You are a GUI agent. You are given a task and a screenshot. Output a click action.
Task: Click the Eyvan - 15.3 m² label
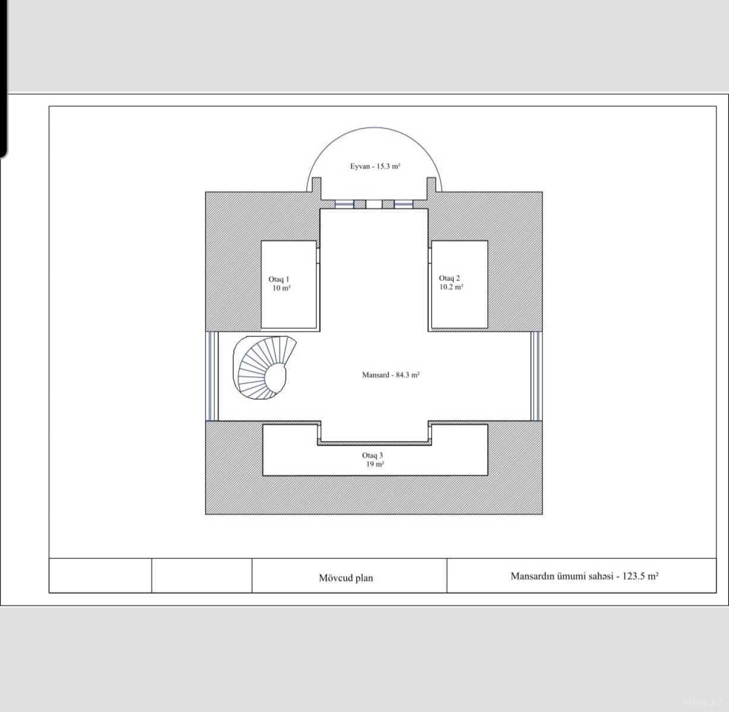[x=375, y=166]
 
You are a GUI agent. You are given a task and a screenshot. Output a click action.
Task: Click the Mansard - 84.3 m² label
[x=391, y=375]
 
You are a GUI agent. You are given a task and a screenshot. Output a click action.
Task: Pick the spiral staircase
[x=265, y=367]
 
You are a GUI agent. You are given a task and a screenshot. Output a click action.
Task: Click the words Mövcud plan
[x=346, y=578]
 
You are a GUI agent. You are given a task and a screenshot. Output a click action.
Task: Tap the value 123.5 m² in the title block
[x=640, y=576]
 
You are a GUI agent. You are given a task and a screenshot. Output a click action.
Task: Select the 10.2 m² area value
[x=451, y=287]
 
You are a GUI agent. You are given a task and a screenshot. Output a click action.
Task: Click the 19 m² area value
[x=375, y=464]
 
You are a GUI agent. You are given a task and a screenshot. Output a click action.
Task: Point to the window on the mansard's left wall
[x=212, y=376]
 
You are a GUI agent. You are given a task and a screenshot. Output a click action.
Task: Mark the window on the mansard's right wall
[x=536, y=376]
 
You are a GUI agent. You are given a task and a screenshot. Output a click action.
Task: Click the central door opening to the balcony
[x=374, y=204]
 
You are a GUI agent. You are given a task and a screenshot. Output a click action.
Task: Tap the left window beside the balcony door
[x=344, y=204]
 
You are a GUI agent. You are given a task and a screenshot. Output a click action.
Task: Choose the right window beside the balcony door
[x=404, y=204]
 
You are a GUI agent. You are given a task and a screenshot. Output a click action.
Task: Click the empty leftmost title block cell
[x=100, y=576]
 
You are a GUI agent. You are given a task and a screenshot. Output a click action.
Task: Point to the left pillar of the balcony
[x=316, y=188]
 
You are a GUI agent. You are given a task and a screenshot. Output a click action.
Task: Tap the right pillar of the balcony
[x=432, y=188]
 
